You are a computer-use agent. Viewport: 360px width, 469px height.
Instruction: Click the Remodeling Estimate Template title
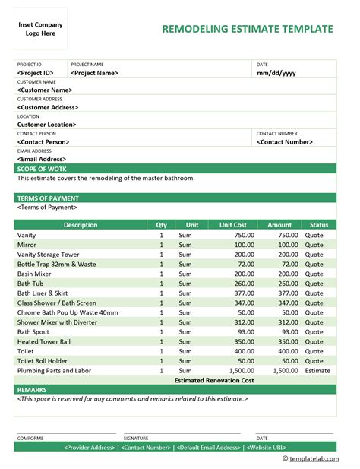click(x=248, y=30)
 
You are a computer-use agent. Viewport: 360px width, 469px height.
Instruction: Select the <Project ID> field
click(x=35, y=73)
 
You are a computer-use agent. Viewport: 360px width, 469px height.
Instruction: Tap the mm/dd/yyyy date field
click(x=276, y=73)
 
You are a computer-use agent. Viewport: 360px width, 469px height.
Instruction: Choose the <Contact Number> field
click(x=285, y=141)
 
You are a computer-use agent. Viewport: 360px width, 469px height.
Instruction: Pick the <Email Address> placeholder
click(x=43, y=159)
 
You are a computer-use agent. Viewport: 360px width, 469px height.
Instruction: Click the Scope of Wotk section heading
click(x=42, y=169)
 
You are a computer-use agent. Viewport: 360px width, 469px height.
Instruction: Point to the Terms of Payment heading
click(x=47, y=198)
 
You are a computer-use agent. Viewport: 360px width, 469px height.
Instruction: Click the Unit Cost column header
click(x=233, y=225)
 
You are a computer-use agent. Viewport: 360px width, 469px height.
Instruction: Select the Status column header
click(x=318, y=225)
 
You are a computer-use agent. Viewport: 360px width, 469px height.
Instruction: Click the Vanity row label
click(x=27, y=236)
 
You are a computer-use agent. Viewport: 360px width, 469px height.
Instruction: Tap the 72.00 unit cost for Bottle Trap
click(x=244, y=264)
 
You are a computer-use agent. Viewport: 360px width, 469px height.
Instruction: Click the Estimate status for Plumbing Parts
click(x=318, y=370)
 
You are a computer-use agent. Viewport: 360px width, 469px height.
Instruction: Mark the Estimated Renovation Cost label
click(x=214, y=379)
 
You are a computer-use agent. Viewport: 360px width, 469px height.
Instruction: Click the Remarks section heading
click(x=32, y=389)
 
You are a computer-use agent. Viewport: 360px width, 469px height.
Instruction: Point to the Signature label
click(x=137, y=438)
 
